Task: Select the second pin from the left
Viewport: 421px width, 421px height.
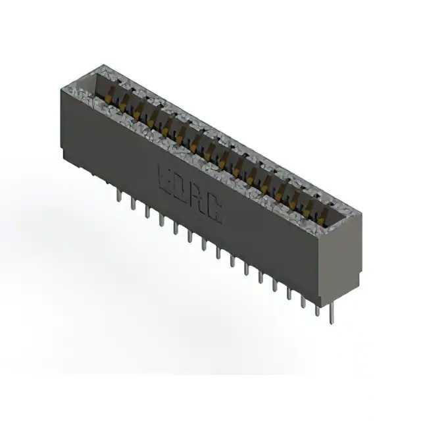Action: click(x=132, y=203)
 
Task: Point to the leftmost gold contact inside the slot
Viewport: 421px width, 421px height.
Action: click(x=112, y=92)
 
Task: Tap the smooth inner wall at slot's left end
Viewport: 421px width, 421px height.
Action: click(x=92, y=83)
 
